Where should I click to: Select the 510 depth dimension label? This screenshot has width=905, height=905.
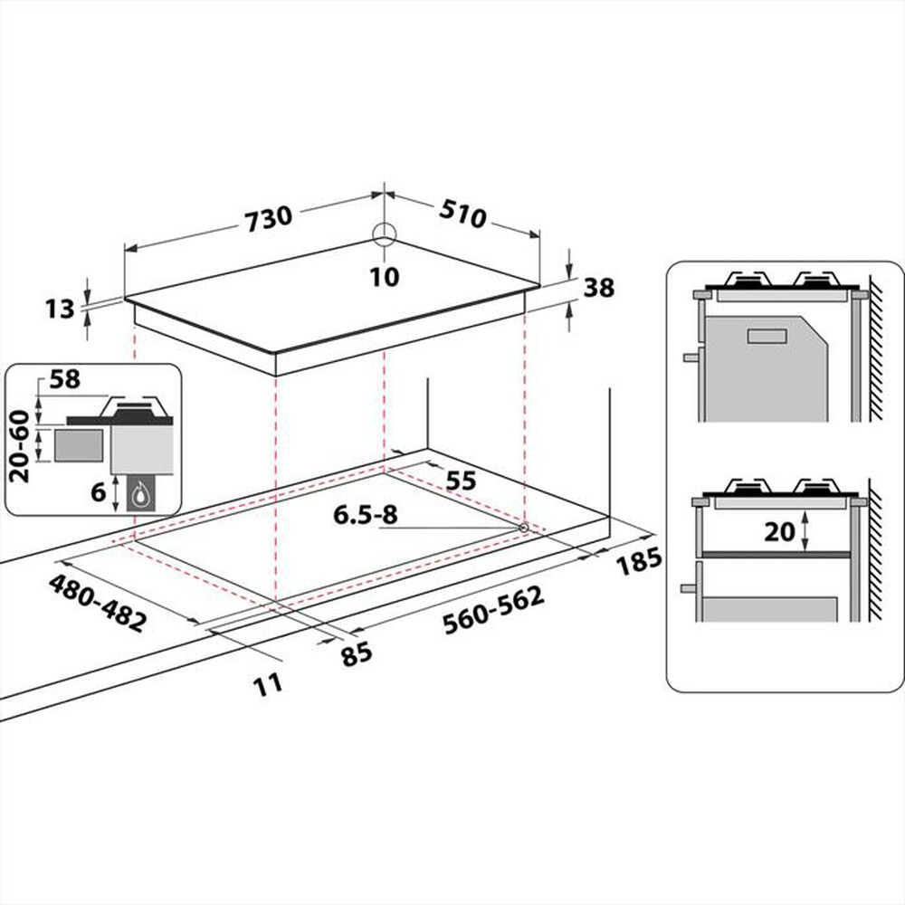coord(463,214)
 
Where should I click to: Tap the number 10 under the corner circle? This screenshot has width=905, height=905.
coord(385,277)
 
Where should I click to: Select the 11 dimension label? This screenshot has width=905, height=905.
coord(268,683)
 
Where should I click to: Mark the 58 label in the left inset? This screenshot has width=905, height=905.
coord(64,380)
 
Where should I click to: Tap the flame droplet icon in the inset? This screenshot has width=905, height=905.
coord(141,494)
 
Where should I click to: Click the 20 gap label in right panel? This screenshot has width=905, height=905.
coord(778,533)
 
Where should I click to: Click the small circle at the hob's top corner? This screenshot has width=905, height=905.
coord(385,234)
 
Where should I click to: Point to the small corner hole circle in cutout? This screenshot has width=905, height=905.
coord(523,527)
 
